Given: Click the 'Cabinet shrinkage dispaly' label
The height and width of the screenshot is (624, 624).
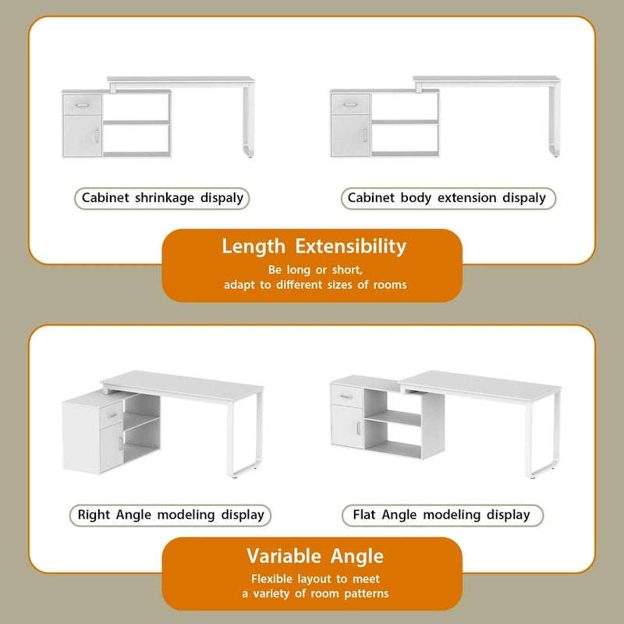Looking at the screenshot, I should coord(163,198).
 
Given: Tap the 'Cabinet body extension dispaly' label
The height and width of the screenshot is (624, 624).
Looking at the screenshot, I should coord(447,198).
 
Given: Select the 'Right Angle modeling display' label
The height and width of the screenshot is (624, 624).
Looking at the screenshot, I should coord(171,515).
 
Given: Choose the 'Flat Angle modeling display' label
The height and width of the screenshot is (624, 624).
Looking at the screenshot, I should coord(441,515).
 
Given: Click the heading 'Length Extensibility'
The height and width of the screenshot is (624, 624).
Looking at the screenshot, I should coord(314,246).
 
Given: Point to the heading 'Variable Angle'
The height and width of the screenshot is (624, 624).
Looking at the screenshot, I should coord(315,556).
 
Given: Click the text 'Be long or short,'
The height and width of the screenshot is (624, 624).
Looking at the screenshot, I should coord(315,270).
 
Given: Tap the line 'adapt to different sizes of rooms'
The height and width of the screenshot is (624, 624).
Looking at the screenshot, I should coord(315,285).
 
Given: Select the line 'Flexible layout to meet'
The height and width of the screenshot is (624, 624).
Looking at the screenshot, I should coord(315,579).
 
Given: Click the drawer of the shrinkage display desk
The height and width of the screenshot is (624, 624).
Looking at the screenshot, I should coord(82,105).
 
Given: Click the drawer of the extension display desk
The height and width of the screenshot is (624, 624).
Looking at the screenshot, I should coord(350,105).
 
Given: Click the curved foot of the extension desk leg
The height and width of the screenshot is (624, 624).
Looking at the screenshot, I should coord(554,148).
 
